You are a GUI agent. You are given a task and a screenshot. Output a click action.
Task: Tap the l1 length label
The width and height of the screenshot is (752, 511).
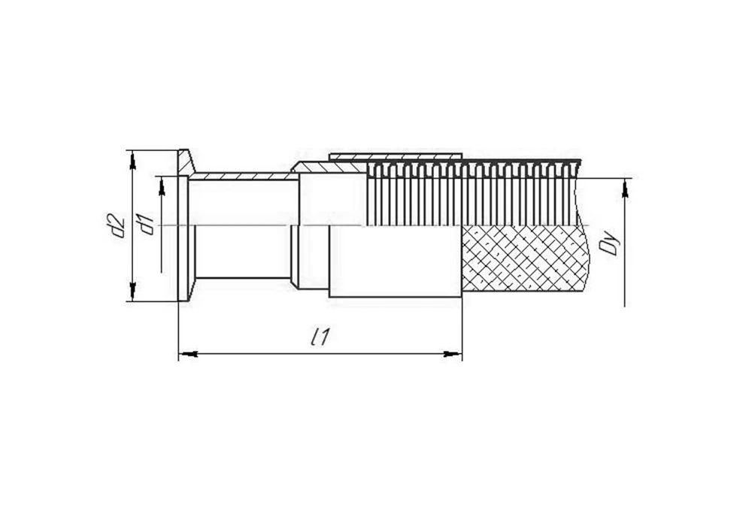pyautogui.click(x=320, y=337)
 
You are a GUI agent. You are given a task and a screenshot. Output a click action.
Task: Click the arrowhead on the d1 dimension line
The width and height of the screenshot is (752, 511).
pyautogui.click(x=162, y=186)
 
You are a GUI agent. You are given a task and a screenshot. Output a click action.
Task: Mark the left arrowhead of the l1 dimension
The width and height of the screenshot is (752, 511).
pyautogui.click(x=188, y=354)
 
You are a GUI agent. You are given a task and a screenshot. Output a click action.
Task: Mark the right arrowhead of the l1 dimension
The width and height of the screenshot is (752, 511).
pyautogui.click(x=453, y=354)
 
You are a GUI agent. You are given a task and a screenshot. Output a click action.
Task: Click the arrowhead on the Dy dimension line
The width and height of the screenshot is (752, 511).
pyautogui.click(x=624, y=187)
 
